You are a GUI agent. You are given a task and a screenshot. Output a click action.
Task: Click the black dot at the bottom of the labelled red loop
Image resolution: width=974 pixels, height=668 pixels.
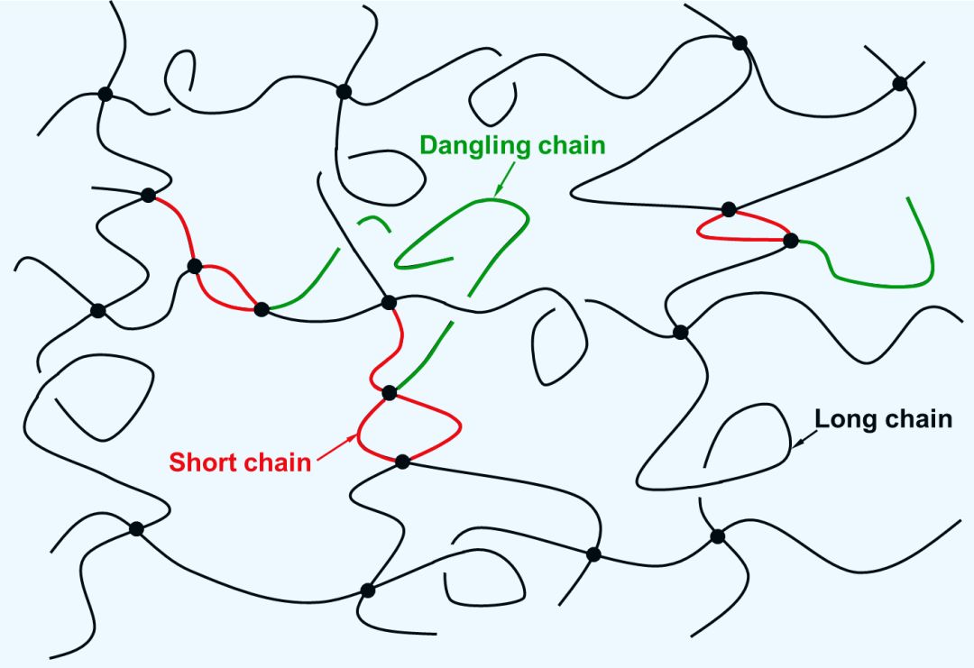tap(402, 462)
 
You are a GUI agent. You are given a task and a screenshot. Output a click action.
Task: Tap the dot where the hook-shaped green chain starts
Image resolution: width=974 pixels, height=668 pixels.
tap(791, 241)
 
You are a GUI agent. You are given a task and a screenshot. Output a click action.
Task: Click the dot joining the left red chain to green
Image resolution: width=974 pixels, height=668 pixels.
tap(262, 309)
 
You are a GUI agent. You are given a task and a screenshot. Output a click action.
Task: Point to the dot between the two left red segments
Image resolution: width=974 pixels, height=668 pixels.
tap(194, 266)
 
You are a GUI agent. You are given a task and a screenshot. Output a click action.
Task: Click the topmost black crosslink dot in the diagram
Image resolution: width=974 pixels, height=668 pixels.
tap(740, 41)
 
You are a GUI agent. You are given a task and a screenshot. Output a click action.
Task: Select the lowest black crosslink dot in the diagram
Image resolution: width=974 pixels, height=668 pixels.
tap(367, 590)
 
